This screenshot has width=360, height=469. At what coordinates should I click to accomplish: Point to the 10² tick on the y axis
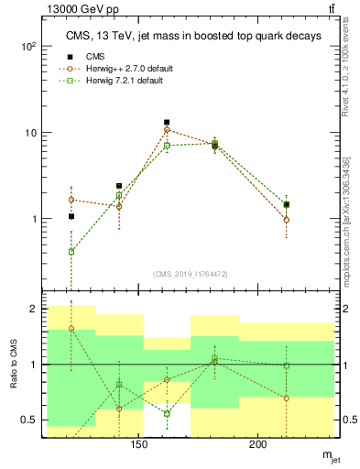tap(28, 46)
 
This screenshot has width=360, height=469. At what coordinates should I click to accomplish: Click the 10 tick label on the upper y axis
tap(30, 133)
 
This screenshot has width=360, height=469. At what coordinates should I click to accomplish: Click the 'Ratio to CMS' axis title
tap(13, 365)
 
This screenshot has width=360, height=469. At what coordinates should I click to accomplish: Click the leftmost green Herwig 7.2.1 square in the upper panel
tap(71, 251)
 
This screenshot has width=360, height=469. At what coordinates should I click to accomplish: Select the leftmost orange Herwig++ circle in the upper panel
tap(71, 200)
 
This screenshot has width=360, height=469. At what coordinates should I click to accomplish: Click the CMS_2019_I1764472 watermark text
tap(191, 275)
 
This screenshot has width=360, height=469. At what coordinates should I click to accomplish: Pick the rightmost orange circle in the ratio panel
tap(287, 398)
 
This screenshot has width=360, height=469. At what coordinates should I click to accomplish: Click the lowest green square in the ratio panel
tap(167, 413)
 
